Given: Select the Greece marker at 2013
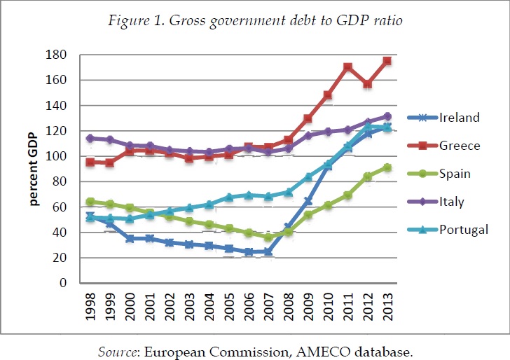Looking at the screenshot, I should click(387, 61).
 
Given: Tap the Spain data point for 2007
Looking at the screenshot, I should click(268, 237).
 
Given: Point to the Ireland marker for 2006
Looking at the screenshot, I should click(249, 251).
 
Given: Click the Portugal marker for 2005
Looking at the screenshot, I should click(228, 198).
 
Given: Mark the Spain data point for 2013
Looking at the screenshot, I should click(387, 167).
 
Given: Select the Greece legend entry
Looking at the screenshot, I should click(459, 146).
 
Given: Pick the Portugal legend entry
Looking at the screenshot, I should click(462, 230).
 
